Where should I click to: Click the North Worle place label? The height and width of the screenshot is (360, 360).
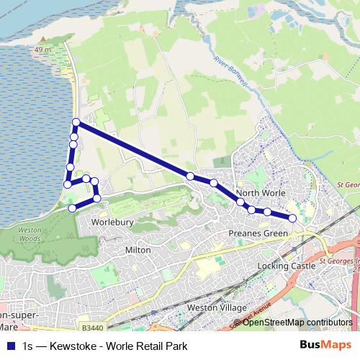261,194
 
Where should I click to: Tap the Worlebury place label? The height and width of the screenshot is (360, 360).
112,222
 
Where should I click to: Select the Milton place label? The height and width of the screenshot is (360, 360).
138,250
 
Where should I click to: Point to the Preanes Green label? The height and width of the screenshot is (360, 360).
258,234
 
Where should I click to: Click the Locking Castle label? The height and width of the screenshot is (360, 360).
287,266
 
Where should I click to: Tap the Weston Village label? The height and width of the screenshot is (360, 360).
217,307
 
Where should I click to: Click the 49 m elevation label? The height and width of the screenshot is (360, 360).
42,50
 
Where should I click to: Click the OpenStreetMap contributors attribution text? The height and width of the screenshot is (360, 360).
297,323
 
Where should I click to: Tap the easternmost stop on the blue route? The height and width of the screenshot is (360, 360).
292,217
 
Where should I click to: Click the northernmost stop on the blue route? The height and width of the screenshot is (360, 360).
76,122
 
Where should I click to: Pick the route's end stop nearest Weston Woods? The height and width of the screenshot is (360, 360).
71,208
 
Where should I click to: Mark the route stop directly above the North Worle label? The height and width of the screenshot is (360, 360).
240,202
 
